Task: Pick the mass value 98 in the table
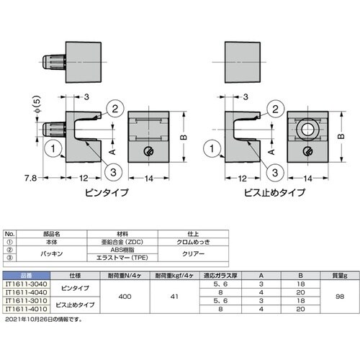coord(340,296)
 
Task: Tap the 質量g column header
coord(340,276)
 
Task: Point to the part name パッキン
coord(49,254)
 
